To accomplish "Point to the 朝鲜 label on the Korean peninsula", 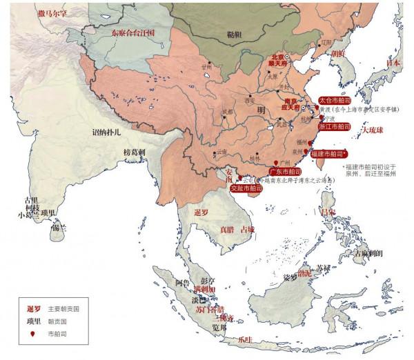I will pos(337,53).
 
